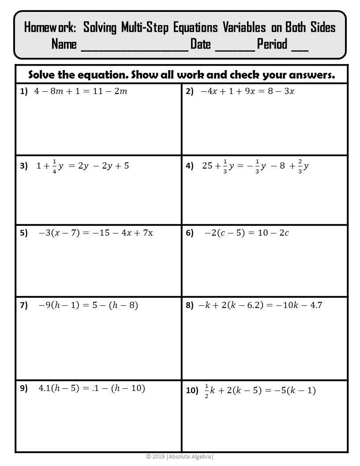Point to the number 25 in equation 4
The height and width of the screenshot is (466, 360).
click(x=207, y=166)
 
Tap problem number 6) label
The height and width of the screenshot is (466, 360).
click(x=190, y=233)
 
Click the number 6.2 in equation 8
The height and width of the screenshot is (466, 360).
click(x=244, y=305)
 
